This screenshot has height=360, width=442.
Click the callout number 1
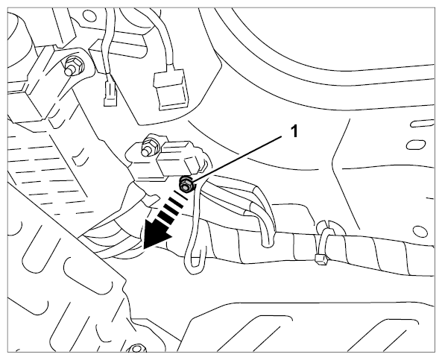point(294,131)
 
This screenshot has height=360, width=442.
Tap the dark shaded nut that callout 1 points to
point(186,185)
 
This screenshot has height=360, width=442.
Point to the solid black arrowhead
point(156,235)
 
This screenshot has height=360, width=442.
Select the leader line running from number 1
point(236,159)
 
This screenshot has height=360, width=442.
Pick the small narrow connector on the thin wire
point(110,92)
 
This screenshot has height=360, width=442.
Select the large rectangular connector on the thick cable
point(171,88)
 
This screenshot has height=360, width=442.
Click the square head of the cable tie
point(321,259)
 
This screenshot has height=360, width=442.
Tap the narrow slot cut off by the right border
point(423,123)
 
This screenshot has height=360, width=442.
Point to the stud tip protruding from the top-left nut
point(68,71)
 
